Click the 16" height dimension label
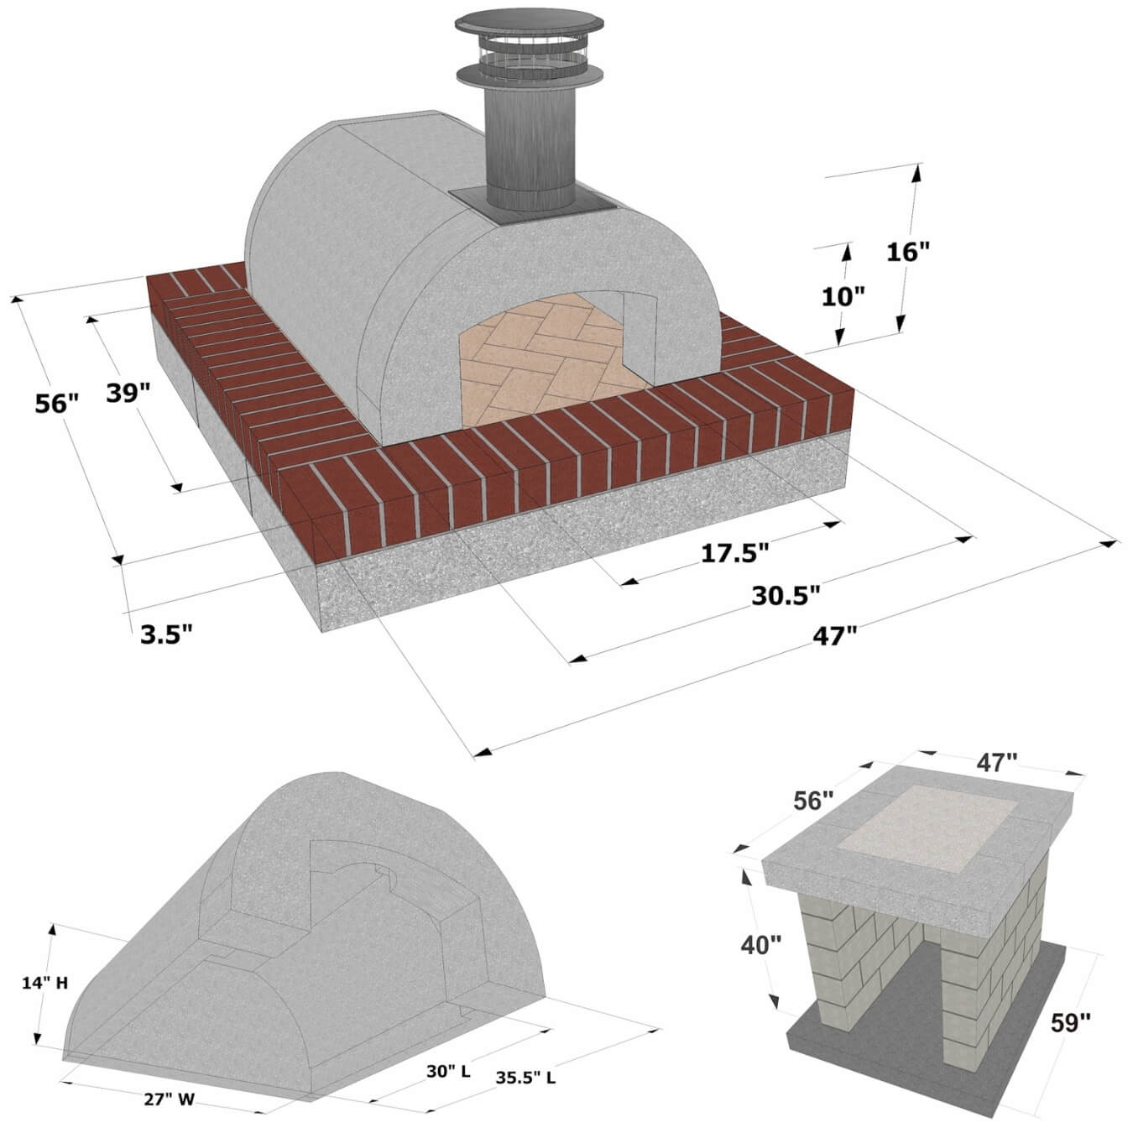point(908,252)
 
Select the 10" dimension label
point(843,296)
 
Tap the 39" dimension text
point(128,392)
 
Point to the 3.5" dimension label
point(166,634)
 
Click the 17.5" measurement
point(734,552)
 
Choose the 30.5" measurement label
point(785,595)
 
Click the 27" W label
point(169,1099)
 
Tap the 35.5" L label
point(525,1078)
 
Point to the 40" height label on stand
point(760,945)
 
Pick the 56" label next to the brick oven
point(56,404)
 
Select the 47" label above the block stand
point(996,762)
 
